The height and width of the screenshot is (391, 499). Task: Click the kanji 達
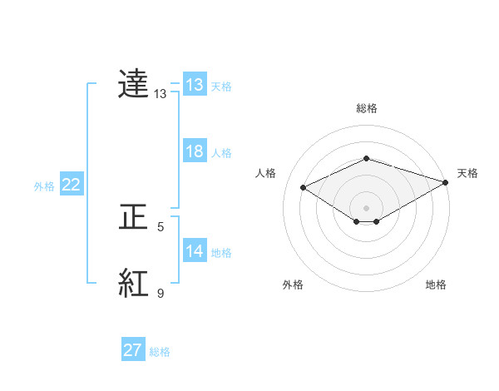[x=134, y=84]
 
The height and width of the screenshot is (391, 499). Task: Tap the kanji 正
[x=134, y=217]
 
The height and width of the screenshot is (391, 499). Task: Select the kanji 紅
[x=134, y=284]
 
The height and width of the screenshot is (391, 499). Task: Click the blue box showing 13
[x=194, y=85]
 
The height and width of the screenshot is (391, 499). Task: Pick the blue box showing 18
[x=194, y=151]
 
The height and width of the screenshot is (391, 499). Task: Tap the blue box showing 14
[x=194, y=251]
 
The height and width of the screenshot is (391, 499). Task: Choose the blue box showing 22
[x=71, y=185]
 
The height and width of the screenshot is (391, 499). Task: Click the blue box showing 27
[x=133, y=350]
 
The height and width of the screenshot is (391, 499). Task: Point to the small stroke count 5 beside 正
[x=161, y=226]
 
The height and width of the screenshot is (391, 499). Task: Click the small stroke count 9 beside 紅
[x=161, y=293]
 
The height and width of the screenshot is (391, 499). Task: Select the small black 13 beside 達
[x=161, y=94]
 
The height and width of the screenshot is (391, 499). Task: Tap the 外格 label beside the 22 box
[x=44, y=186]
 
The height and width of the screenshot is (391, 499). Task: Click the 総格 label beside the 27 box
[x=160, y=352]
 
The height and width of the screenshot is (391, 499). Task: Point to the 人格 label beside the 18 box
[x=221, y=153]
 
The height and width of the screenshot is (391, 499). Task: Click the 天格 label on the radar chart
[x=467, y=173]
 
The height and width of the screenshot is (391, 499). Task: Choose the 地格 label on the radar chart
[x=436, y=285]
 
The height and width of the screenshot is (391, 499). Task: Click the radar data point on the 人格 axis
[x=304, y=188]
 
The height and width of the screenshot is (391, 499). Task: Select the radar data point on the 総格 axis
[x=366, y=158]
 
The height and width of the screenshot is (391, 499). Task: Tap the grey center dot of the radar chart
[x=366, y=207]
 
